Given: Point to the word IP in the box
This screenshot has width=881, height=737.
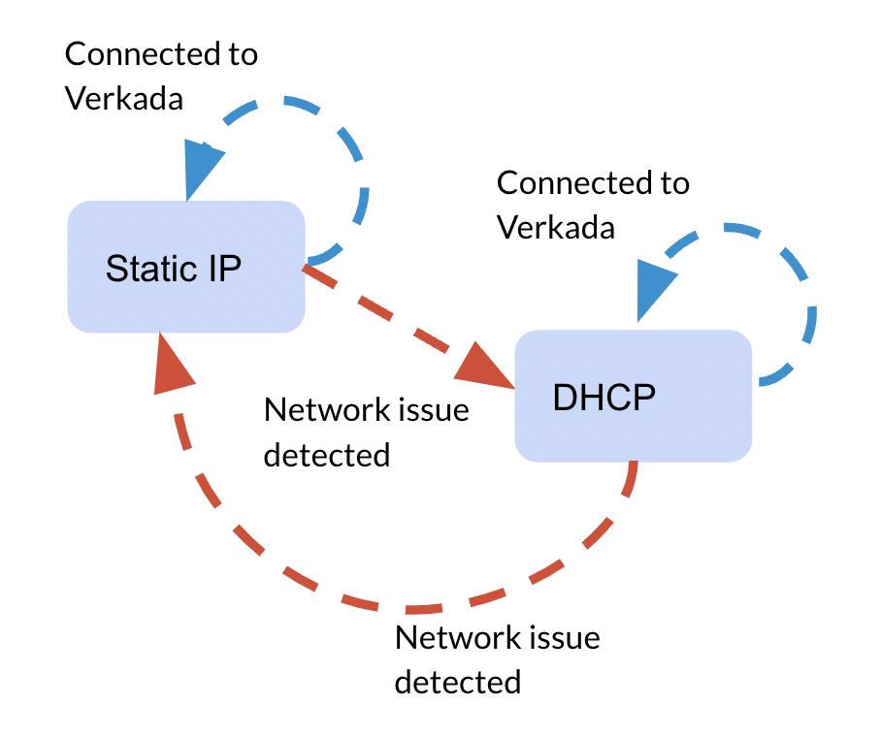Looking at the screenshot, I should click(x=221, y=268).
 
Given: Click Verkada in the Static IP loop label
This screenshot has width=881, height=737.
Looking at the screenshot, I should click(x=123, y=97).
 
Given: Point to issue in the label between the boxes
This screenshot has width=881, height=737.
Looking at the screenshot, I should click(x=434, y=410).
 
